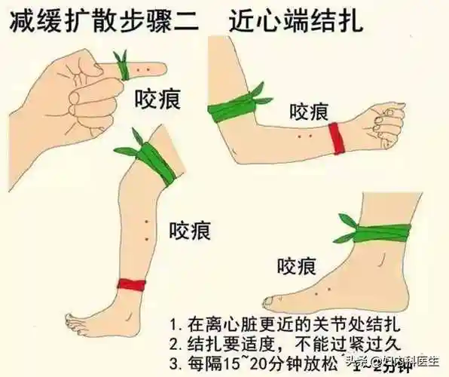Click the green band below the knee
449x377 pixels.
click(156, 163)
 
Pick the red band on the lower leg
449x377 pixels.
click(132, 284)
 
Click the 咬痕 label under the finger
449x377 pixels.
click(157, 99)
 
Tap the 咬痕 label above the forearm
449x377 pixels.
click(309, 112)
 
